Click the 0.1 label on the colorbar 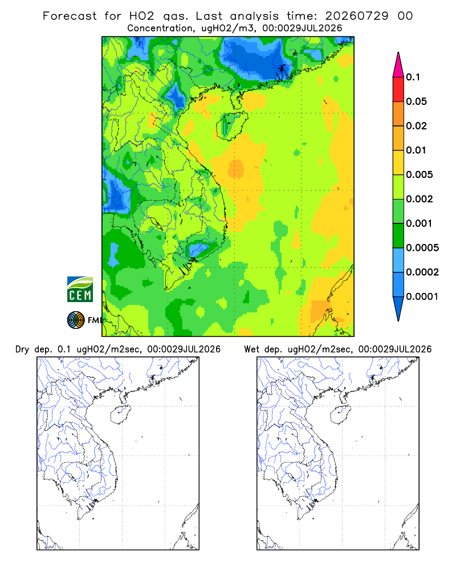pos(413,77)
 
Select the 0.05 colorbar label pos(416,101)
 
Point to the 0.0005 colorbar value pos(422,247)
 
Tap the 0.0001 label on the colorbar pos(422,296)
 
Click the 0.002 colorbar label pos(420,199)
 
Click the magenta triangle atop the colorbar pos(398,65)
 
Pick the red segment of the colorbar pos(398,89)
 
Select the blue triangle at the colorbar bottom pos(398,308)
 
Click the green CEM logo pos(80,290)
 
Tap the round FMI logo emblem pos(76,320)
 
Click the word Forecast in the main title pos(70,16)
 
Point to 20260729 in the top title pos(357,16)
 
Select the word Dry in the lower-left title pos(22,349)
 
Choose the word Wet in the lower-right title pos(251,349)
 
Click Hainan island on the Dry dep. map pos(120,414)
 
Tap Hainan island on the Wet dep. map pos(341,414)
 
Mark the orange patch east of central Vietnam pos(236,168)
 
